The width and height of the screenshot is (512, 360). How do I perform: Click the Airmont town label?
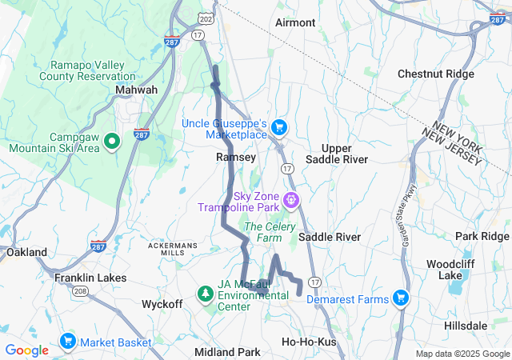click(x=295, y=22)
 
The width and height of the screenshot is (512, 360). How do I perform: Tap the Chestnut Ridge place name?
click(x=437, y=74)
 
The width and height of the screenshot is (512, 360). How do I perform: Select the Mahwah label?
click(x=136, y=90)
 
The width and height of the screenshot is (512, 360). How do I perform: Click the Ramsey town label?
click(x=236, y=158)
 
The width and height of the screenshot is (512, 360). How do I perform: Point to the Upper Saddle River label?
click(x=345, y=154)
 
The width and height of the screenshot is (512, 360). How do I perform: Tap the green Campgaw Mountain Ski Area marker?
click(x=112, y=142)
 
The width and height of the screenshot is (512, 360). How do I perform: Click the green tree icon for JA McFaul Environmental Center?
click(x=206, y=294)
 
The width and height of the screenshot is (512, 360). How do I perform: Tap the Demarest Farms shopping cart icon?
click(x=401, y=299)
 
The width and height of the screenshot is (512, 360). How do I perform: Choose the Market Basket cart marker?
click(x=67, y=342)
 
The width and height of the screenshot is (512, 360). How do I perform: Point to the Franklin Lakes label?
click(x=90, y=278)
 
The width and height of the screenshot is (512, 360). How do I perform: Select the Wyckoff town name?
click(x=162, y=304)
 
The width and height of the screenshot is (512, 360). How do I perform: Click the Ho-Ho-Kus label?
click(x=309, y=342)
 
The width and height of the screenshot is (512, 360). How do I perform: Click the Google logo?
click(x=26, y=350)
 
